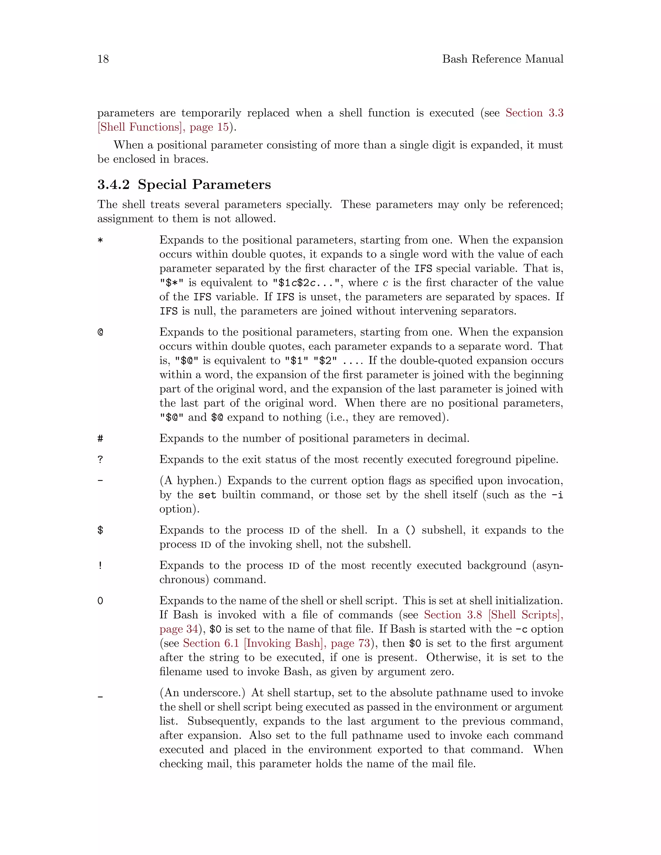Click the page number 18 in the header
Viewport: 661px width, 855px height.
pos(103,59)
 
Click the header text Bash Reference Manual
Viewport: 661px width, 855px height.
pos(503,59)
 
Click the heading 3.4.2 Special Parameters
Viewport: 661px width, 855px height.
pos(184,184)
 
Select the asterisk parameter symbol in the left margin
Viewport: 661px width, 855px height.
pos(100,240)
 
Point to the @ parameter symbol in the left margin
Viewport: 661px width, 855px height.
pos(100,332)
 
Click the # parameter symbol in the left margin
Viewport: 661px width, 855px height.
pos(100,438)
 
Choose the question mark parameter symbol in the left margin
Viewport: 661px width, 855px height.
pos(100,459)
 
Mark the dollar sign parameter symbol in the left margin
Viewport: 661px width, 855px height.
pos(100,530)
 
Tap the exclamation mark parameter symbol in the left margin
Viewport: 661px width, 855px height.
pos(100,566)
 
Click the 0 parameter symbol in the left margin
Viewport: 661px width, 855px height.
pos(100,601)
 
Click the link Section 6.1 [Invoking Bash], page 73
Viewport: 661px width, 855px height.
pos(276,643)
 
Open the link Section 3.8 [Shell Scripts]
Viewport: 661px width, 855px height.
pos(493,615)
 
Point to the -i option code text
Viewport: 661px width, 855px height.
pos(557,495)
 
